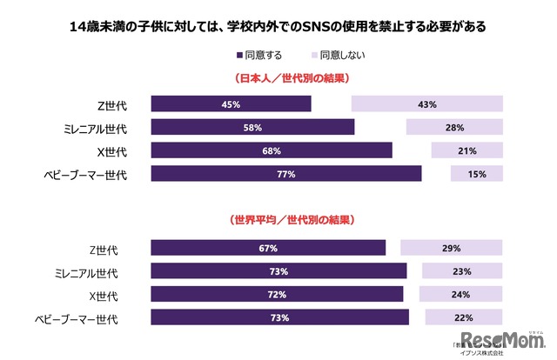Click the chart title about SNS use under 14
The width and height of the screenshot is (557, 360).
point(278,27)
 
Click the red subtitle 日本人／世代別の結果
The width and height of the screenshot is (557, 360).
point(278,79)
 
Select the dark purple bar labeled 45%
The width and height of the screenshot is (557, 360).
point(231,104)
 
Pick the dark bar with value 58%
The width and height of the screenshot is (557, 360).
point(252,128)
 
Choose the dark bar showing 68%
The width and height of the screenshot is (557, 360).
point(270,151)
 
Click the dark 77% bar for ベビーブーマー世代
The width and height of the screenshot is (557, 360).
point(285,174)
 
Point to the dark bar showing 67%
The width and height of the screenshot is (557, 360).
point(268,249)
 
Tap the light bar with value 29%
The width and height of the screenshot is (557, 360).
point(451,249)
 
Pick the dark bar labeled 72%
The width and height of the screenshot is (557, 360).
point(277,295)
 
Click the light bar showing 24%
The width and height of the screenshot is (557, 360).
point(460,295)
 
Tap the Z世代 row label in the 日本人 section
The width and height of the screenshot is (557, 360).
point(112,105)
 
